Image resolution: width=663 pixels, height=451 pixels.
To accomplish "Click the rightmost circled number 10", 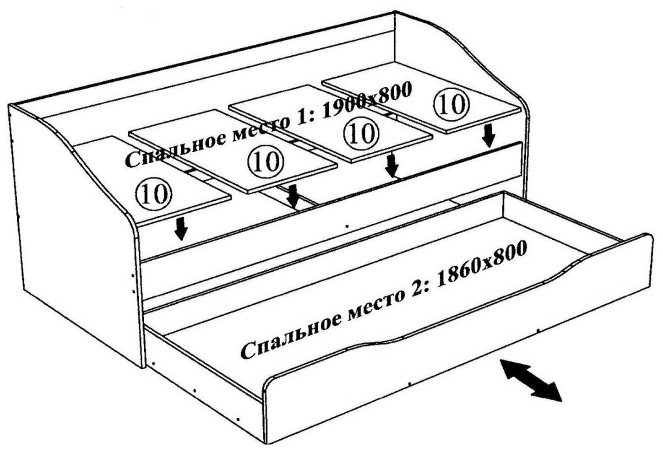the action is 449,105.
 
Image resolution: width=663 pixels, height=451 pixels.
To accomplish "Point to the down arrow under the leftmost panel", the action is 181,227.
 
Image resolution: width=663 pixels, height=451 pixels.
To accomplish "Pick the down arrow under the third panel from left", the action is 391,165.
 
